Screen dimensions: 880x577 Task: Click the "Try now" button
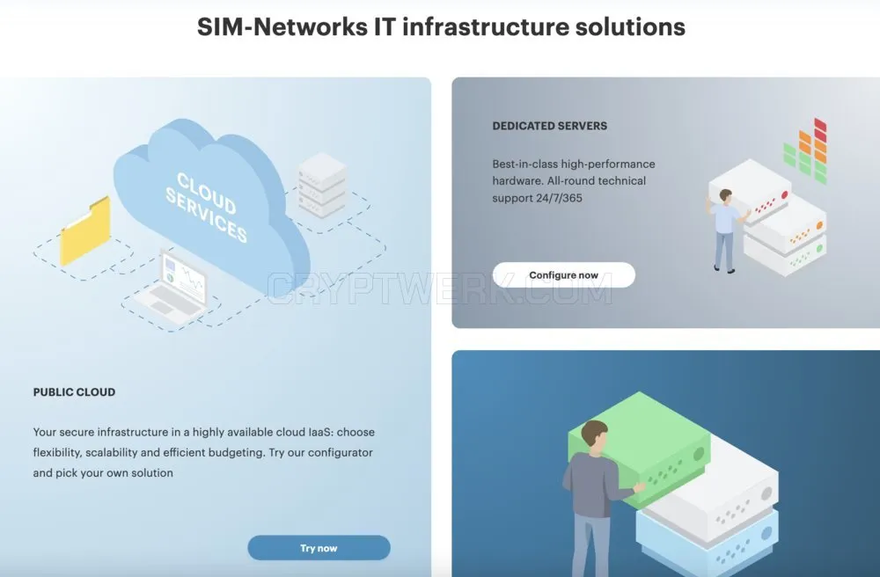(x=319, y=548)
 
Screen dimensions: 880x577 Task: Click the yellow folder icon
(x=85, y=231)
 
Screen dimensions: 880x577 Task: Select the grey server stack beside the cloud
(x=321, y=186)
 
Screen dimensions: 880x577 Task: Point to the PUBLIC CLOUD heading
(x=74, y=392)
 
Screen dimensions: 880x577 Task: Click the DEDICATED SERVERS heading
(x=549, y=126)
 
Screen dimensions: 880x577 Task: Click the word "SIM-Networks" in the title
(x=282, y=27)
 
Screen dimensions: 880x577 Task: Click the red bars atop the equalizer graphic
(x=820, y=126)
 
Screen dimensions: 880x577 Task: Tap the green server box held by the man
(x=640, y=449)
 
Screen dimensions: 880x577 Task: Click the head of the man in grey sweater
(x=594, y=435)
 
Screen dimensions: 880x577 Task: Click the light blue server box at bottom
(x=708, y=543)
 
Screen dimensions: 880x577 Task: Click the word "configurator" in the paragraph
(x=340, y=452)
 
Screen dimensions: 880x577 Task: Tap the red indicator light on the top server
(x=785, y=195)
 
